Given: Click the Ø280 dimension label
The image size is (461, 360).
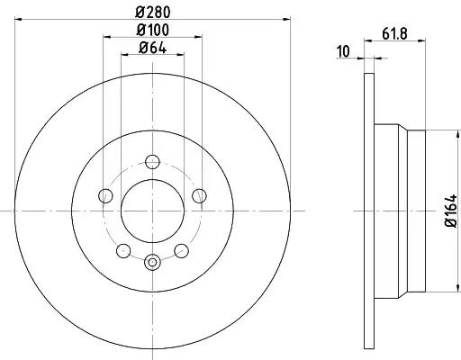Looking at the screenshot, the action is tap(153, 13).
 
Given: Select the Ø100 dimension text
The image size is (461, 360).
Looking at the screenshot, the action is tap(153, 30).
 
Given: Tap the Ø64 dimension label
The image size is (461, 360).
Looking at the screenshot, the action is tap(152, 48).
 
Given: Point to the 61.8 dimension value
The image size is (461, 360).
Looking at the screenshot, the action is tap(394, 33).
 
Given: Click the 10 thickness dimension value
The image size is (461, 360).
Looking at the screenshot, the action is tap(344, 51).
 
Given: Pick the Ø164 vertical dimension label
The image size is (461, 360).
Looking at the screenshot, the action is tap(451, 211).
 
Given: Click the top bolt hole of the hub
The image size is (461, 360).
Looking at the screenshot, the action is tap(152, 162).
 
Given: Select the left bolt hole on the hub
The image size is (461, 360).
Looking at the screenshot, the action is tap(105, 196).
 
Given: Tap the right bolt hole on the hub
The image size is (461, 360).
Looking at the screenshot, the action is tap(199, 196).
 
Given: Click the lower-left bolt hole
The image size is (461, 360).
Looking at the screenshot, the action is tap(123, 251).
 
